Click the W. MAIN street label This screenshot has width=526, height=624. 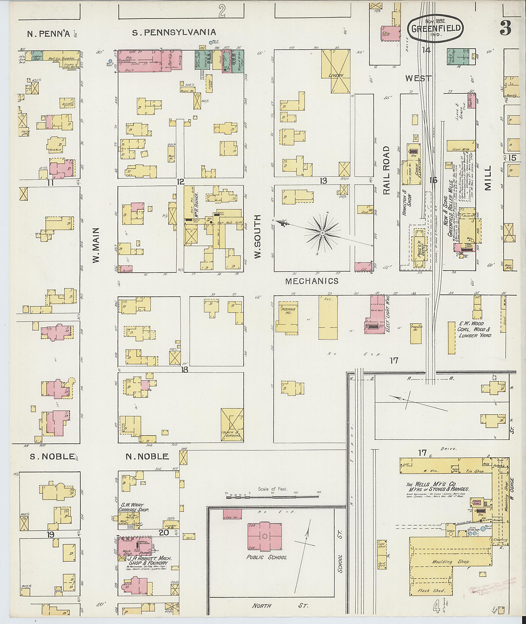click(x=96, y=246)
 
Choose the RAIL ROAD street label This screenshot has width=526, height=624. click(x=387, y=170)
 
